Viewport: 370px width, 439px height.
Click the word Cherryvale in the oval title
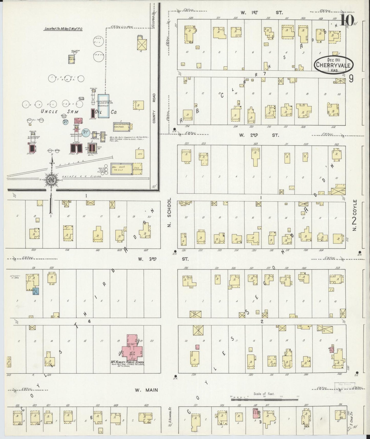tap(333, 65)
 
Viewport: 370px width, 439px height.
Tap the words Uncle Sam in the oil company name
tap(52, 111)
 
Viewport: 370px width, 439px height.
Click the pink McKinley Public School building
tap(132, 349)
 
